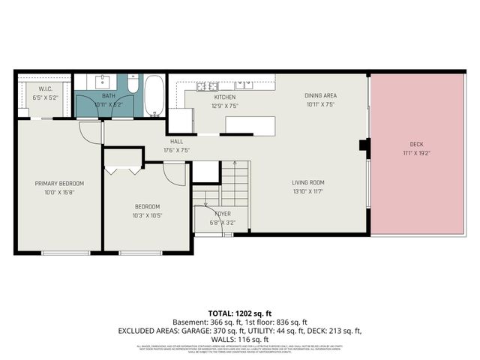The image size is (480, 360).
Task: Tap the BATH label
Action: pyautogui.click(x=109, y=96)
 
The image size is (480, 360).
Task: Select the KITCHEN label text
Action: pyautogui.click(x=225, y=97)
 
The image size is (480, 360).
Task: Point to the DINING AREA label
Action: pyautogui.click(x=319, y=96)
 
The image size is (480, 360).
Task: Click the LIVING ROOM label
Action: pyautogui.click(x=308, y=182)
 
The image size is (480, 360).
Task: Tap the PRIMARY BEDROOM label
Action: pyautogui.click(x=59, y=184)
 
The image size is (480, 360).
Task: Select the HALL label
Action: pyautogui.click(x=176, y=141)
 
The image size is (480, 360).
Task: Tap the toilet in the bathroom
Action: pyautogui.click(x=133, y=85)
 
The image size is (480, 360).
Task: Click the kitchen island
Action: pyautogui.click(x=250, y=124)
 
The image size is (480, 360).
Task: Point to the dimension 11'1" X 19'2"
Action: pyautogui.click(x=416, y=153)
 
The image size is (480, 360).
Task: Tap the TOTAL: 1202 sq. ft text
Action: pyautogui.click(x=239, y=312)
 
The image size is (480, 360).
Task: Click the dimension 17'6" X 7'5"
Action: pyautogui.click(x=176, y=150)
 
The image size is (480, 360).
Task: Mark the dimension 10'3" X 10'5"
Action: pyautogui.click(x=147, y=215)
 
